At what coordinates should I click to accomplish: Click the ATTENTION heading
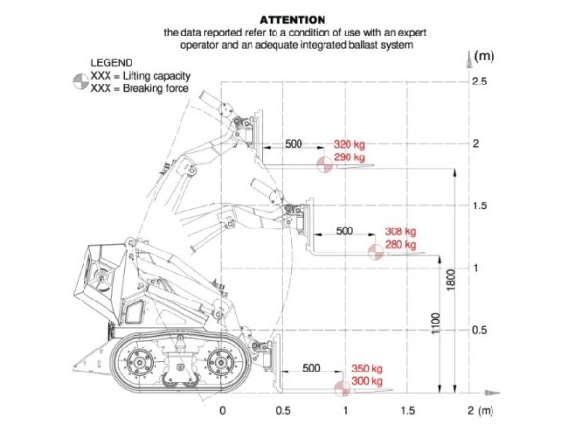point(293,20)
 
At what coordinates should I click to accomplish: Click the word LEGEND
point(111,62)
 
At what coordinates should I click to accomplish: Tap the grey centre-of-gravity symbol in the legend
point(81,82)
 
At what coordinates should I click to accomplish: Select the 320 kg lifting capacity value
point(349,144)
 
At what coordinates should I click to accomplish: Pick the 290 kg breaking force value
point(349,157)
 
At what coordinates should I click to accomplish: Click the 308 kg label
point(400,231)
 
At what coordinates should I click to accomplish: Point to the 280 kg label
point(400,244)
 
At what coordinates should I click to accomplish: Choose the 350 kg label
point(367,369)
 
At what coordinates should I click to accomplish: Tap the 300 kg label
point(367,381)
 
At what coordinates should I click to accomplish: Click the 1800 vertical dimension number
point(451,280)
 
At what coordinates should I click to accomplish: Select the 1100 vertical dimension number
point(435,324)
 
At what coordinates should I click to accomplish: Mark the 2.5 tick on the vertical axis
point(479,82)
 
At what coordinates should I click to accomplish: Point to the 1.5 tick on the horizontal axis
point(408,410)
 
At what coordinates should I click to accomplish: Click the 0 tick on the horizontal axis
point(223,410)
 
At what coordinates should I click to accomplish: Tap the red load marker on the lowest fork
point(343,389)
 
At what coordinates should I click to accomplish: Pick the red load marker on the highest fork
point(324,164)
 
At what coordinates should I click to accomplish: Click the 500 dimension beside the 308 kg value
point(345,231)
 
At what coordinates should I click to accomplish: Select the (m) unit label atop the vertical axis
point(484,56)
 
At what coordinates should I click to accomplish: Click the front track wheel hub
point(221,363)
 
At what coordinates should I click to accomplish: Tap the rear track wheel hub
point(139,363)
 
